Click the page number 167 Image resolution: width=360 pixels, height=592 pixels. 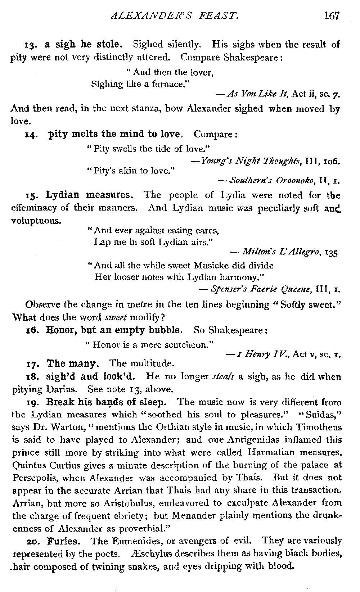pos(332,16)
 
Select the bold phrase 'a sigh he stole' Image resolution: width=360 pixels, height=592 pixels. pos(84,45)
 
